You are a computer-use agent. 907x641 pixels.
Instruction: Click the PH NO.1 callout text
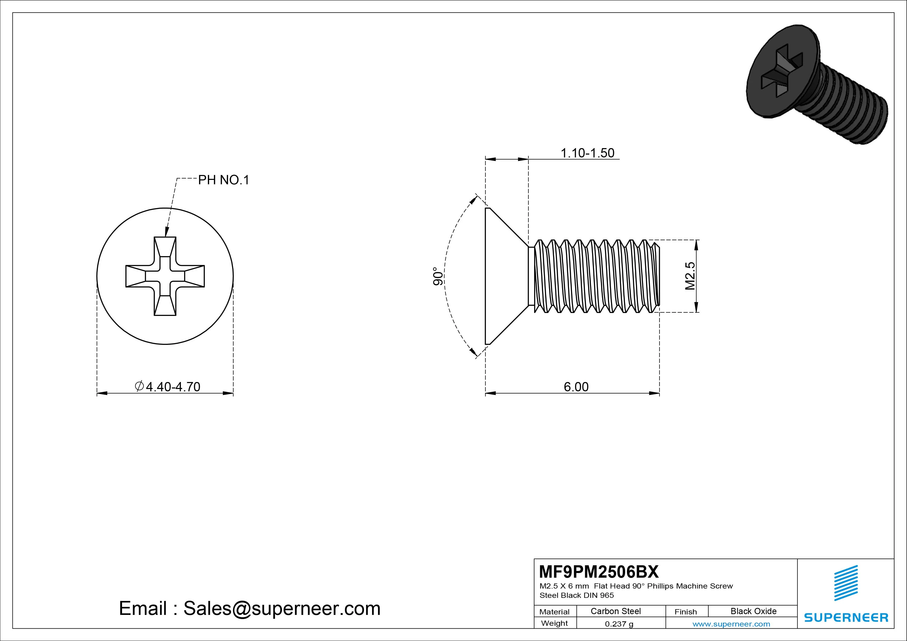coord(224,180)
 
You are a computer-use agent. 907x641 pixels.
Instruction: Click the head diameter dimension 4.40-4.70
coord(173,387)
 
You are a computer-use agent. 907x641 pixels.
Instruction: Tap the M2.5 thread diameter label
coord(690,276)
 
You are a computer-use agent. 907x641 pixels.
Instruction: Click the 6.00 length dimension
coord(576,387)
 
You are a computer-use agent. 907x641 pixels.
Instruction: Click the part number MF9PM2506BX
coord(599,571)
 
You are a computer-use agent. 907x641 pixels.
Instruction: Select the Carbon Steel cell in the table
coord(615,611)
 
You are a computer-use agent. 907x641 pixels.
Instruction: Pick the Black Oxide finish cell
coord(753,611)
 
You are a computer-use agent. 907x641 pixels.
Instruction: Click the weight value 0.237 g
coord(619,624)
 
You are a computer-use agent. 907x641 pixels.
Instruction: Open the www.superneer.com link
coord(731,624)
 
